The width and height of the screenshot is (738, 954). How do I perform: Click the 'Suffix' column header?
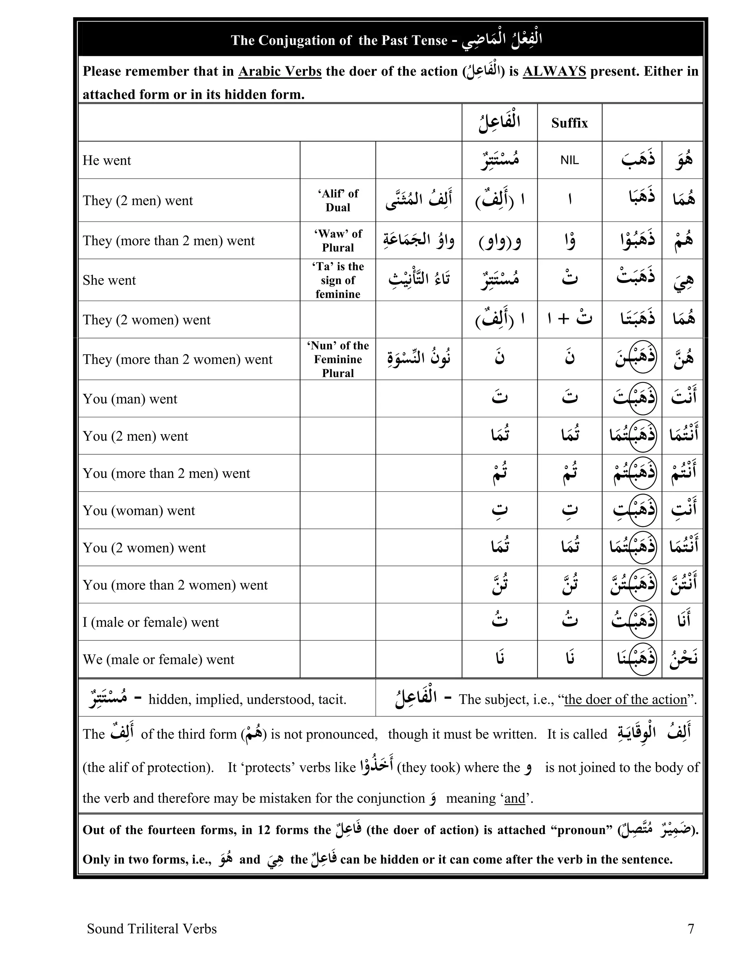[569, 123]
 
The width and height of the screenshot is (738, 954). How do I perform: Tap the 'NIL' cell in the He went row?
[569, 160]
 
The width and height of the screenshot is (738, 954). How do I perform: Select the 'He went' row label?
[107, 160]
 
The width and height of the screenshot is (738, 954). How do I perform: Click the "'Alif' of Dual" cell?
[338, 200]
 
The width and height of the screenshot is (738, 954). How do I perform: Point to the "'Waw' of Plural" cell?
[338, 240]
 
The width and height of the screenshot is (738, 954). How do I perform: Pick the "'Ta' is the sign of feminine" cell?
[338, 280]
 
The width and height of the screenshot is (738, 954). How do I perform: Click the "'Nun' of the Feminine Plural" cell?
[338, 359]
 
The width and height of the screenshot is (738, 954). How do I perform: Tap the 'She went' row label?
[109, 280]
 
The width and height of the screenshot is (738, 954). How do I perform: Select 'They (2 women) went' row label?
[146, 320]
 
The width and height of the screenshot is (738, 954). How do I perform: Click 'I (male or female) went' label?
[151, 622]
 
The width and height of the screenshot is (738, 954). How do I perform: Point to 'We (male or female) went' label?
[158, 659]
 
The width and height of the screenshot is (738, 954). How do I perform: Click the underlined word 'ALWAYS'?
[554, 71]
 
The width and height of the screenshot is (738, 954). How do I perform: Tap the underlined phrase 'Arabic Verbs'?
[280, 71]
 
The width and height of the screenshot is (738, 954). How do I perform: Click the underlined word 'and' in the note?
[515, 798]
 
